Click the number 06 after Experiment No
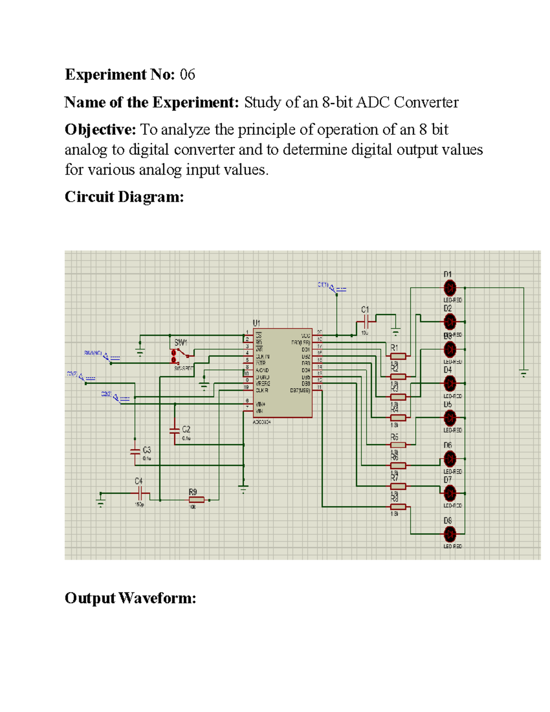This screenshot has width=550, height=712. (187, 74)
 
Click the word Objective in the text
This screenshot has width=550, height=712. (100, 130)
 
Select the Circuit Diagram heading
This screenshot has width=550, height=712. (124, 197)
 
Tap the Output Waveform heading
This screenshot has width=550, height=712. (130, 598)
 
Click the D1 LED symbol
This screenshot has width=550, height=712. (450, 288)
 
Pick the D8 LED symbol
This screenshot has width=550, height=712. (450, 534)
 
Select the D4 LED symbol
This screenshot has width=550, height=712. (450, 383)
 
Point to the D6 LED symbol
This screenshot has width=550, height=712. (450, 458)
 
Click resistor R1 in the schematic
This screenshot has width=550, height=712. (398, 356)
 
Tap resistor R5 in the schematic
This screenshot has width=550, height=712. (398, 445)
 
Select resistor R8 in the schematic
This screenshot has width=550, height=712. (398, 507)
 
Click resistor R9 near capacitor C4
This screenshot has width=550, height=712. (196, 500)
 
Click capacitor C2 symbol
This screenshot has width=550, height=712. (175, 431)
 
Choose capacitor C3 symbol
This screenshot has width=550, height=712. (135, 452)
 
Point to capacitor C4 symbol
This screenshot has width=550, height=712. (141, 493)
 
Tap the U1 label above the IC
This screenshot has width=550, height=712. (257, 323)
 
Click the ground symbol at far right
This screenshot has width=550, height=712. (523, 373)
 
